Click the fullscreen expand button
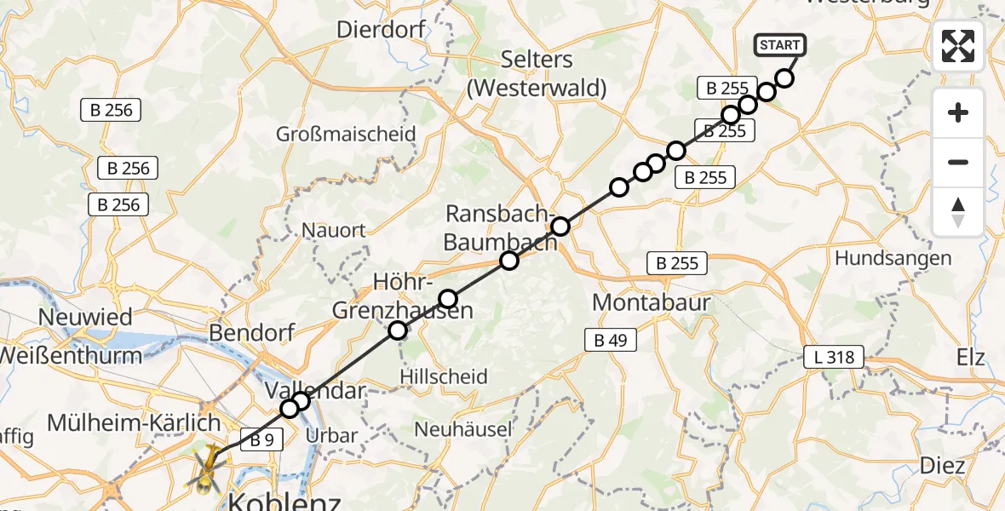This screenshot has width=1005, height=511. tap(958, 46)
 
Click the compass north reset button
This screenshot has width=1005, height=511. tap(958, 211)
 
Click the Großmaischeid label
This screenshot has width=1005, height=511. tap(346, 134)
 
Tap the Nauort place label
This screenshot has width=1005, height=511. tap(334, 230)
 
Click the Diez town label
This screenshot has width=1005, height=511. tap(942, 465)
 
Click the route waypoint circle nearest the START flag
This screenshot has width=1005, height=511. tap(784, 78)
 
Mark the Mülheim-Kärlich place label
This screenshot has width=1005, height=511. tap(134, 422)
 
